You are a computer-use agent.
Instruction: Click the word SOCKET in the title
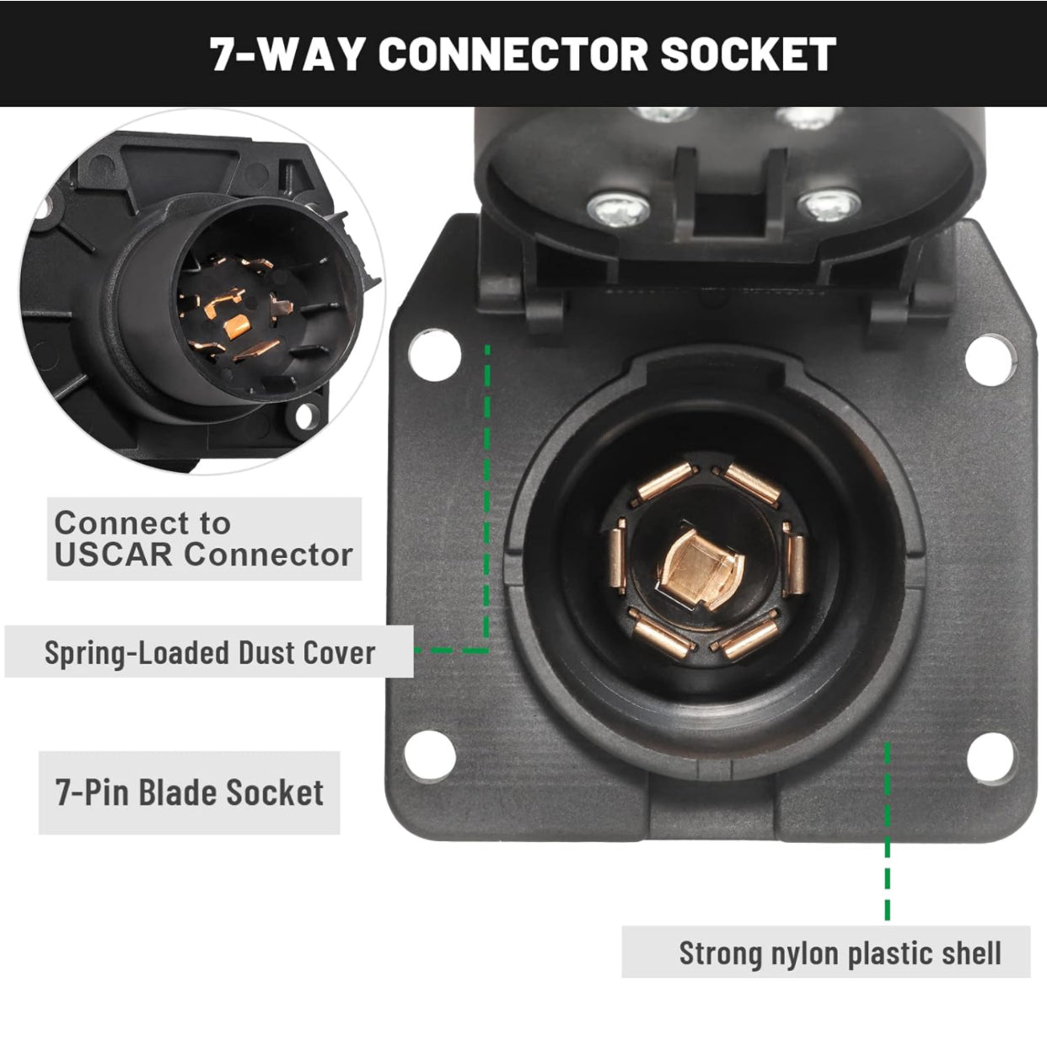(748, 54)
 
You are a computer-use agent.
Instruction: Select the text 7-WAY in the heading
(287, 54)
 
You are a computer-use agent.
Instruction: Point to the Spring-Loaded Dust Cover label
(210, 652)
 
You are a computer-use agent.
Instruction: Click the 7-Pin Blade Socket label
(190, 792)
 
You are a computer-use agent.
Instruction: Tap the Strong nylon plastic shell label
(840, 952)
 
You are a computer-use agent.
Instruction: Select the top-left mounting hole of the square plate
(435, 354)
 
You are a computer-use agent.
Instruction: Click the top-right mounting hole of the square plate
(988, 360)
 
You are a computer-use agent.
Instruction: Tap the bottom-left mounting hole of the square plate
(430, 756)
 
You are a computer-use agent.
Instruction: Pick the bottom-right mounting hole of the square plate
(990, 758)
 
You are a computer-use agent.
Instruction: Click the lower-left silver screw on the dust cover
(619, 208)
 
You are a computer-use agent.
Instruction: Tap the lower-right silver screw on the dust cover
(829, 205)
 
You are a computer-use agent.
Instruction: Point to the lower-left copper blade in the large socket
(661, 636)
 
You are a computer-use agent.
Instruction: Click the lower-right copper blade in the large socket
(748, 637)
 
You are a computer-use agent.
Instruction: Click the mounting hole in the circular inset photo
(304, 416)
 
